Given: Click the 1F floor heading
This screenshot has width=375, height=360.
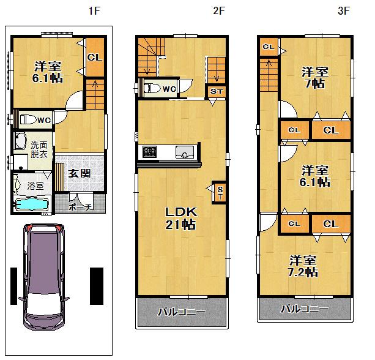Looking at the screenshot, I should [x=93, y=10].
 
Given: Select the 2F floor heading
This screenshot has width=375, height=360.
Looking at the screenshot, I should [x=219, y=10].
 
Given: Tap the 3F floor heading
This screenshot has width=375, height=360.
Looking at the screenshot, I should [x=343, y=10].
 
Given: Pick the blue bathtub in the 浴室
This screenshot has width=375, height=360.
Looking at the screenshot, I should [x=31, y=204].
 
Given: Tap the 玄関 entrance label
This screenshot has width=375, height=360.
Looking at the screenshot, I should [x=79, y=173].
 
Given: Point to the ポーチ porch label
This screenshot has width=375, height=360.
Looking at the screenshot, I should [x=80, y=208].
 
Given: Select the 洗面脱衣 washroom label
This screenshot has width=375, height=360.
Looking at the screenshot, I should [x=39, y=151].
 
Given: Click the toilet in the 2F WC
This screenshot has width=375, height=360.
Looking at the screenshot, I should [x=151, y=88].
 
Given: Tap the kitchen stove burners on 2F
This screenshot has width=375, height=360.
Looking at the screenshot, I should [x=149, y=151].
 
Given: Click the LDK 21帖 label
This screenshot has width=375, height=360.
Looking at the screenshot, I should [x=181, y=218].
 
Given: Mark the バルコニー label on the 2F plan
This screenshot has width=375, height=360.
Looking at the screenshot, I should [x=181, y=312].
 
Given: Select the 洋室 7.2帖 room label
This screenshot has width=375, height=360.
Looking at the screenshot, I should [x=303, y=266].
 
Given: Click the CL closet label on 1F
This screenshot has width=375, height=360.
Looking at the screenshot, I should [x=94, y=58].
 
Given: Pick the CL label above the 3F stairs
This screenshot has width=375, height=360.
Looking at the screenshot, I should [x=268, y=47].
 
